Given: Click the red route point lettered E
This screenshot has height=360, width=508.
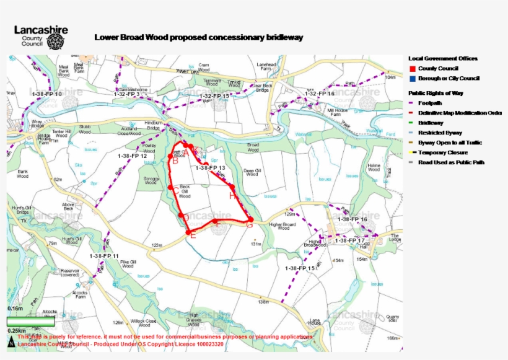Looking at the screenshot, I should click(x=192, y=236).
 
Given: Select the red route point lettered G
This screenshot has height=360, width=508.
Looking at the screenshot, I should click(x=250, y=225).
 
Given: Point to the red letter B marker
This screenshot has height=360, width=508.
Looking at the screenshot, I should click(x=175, y=161).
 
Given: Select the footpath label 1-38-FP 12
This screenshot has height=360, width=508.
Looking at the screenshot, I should click(x=132, y=156).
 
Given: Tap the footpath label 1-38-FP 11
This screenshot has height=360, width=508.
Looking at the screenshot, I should click(x=103, y=255).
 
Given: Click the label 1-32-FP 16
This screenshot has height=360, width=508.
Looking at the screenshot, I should click(x=320, y=94).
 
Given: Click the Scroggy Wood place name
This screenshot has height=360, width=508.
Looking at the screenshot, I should click(x=152, y=180).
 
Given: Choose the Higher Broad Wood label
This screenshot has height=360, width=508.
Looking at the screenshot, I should click(x=283, y=226).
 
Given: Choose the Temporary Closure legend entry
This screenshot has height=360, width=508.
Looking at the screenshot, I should click(x=442, y=152).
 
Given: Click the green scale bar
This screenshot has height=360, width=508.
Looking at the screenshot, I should click(x=30, y=321).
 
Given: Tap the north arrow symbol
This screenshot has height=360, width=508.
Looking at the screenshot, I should click(x=11, y=343).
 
